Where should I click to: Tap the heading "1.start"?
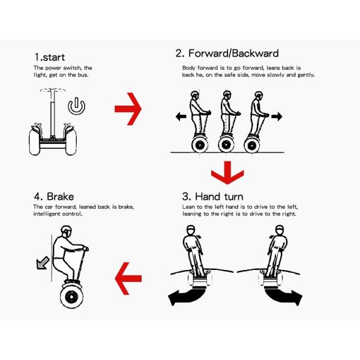coord(50,57)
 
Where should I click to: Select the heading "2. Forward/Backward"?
coord(227,53)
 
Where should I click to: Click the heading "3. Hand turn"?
coord(212,197)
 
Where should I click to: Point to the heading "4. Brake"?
coord(54,197)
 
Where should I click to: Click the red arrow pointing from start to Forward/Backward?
coord(128,109)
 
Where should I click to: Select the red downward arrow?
coord(227,173)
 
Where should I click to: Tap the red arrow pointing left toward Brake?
coord(128,278)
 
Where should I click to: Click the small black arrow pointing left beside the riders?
coord(181,116)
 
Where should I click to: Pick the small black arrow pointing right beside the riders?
coord(277,116)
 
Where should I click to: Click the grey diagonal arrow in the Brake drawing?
coord(43,263)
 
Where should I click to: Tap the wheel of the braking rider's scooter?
coord(71,297)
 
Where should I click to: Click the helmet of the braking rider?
coord(67,230)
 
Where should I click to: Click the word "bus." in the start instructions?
coord(82,75)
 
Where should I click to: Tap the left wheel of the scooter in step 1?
coord(34,142)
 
